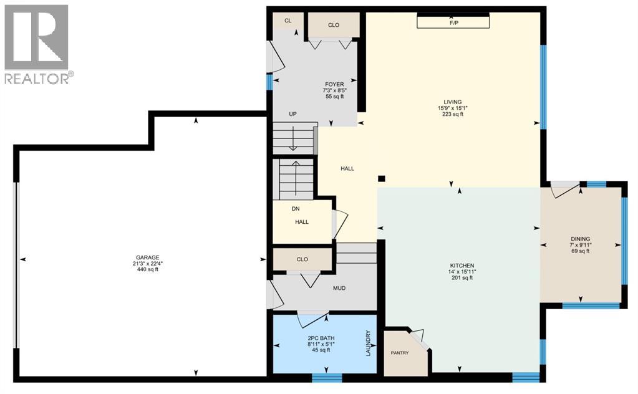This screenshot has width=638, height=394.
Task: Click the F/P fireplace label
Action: point(453,22)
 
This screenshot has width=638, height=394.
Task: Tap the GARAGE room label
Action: point(148,257)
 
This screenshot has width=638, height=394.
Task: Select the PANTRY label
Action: point(400,353)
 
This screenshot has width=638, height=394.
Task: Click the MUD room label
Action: point(339,288)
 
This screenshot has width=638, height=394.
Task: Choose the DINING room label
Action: point(580,238)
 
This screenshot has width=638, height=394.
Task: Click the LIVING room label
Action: point(453,102)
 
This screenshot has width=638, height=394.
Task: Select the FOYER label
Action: point(334,84)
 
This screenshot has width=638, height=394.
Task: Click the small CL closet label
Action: point(288,21)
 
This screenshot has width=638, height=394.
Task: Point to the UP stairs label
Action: point(292,114)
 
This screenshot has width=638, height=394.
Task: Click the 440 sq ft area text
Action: point(148,269)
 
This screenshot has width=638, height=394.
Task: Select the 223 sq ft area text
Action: point(453,114)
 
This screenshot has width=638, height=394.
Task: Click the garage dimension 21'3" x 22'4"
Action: point(148,263)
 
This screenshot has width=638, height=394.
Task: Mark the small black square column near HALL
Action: point(381,178)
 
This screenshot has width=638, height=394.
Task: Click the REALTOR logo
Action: point(37,44)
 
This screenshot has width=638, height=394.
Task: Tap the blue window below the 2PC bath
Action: point(327,377)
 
